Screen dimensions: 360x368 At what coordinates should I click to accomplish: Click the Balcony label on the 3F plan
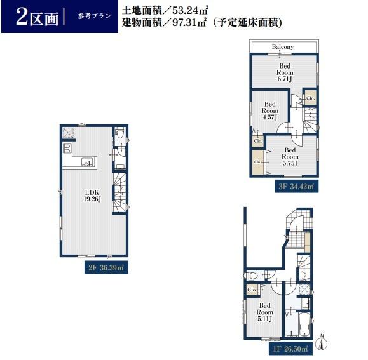coord(283,47)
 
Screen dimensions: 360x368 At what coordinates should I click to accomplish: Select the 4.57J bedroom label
coord(270,110)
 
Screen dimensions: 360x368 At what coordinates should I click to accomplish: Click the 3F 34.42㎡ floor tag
coord(296,186)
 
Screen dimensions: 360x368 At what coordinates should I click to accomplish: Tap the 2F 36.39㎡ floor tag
coord(106,268)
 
